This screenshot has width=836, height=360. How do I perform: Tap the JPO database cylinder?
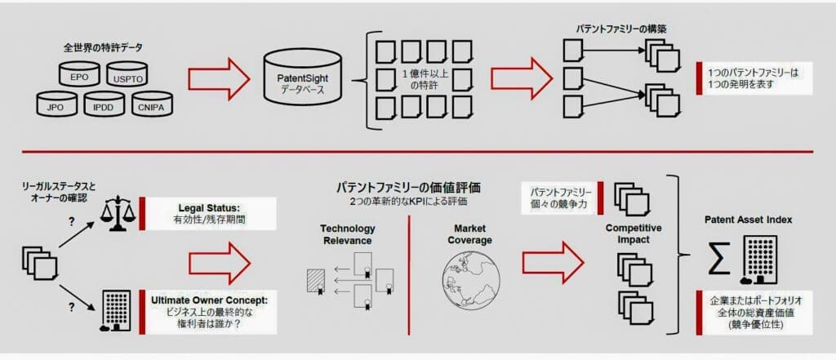click(56, 106)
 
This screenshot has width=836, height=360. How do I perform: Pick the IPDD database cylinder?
click(102, 106)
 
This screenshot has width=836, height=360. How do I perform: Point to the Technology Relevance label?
click(348, 234)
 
